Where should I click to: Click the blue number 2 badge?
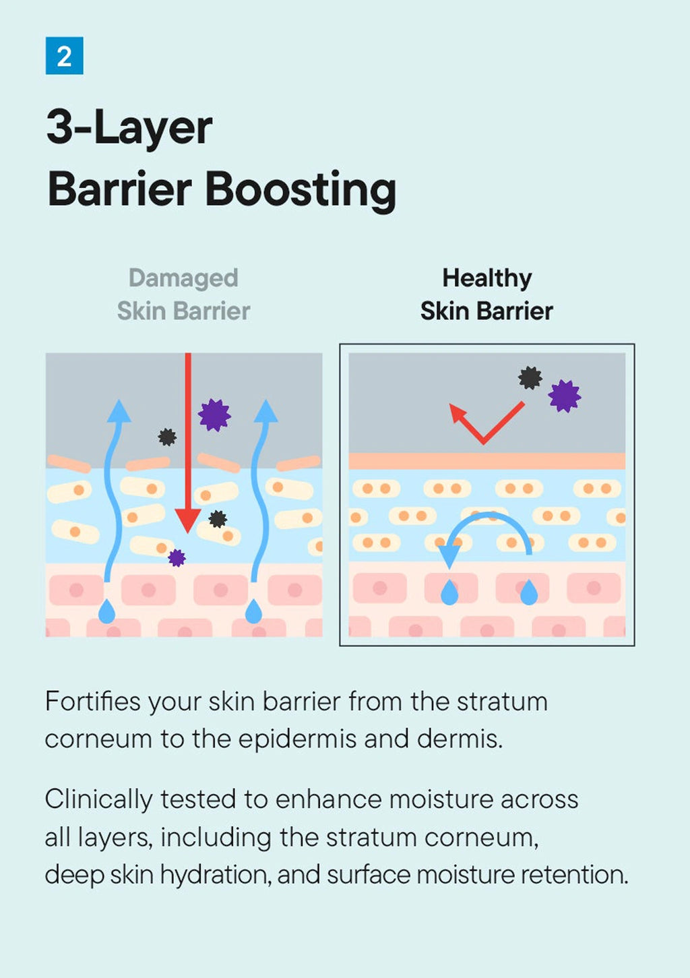tap(64, 56)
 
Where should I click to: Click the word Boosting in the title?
tap(300, 190)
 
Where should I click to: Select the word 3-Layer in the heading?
tap(129, 128)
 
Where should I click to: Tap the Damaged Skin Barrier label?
tap(183, 295)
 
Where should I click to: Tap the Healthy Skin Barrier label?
tap(487, 295)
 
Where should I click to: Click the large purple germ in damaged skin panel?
tap(214, 415)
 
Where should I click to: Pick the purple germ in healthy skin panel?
tap(564, 396)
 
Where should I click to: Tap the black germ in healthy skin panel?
tap(530, 377)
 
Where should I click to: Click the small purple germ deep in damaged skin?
tap(177, 557)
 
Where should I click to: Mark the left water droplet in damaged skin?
tap(106, 611)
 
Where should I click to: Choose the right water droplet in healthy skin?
tap(529, 592)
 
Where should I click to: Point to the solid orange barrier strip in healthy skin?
tap(487, 461)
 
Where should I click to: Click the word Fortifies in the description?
tap(92, 702)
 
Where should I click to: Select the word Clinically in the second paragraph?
tap(98, 800)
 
